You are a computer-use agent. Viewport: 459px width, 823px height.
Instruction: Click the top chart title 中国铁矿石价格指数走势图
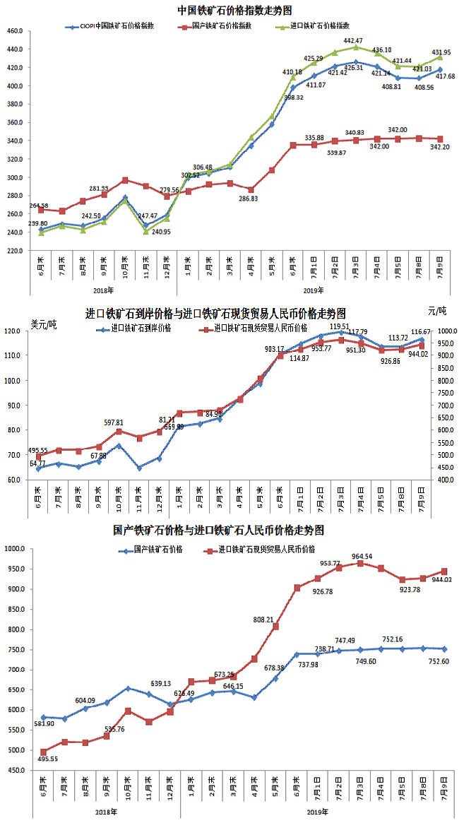[x=235, y=10]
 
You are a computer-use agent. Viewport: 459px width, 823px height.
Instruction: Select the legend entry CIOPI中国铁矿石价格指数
[x=121, y=25]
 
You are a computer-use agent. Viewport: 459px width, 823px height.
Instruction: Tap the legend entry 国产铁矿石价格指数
[x=222, y=25]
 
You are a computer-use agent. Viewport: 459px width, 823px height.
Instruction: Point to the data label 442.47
[x=354, y=41]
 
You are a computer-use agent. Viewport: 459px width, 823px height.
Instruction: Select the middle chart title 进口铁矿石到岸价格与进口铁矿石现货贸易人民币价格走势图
[x=215, y=312]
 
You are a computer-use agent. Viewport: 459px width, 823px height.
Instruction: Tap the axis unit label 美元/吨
[x=44, y=324]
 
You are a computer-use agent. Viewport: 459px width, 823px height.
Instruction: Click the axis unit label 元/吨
[x=438, y=311]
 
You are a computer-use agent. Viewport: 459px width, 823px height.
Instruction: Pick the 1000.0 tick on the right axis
[x=444, y=331]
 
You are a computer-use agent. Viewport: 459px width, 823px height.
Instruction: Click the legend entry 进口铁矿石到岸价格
[x=140, y=328]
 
